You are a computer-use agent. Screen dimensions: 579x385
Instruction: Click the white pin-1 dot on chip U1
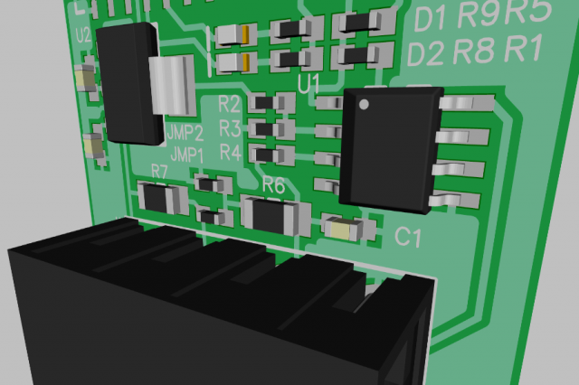tap(364, 105)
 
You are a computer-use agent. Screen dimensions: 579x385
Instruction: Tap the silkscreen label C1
tap(408, 237)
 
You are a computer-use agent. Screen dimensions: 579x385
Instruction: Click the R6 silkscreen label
tap(273, 185)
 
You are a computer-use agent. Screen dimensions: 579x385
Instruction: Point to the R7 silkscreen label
tap(159, 172)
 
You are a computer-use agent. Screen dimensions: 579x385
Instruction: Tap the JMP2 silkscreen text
tap(185, 133)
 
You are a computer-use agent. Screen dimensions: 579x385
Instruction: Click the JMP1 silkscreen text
tap(187, 155)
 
